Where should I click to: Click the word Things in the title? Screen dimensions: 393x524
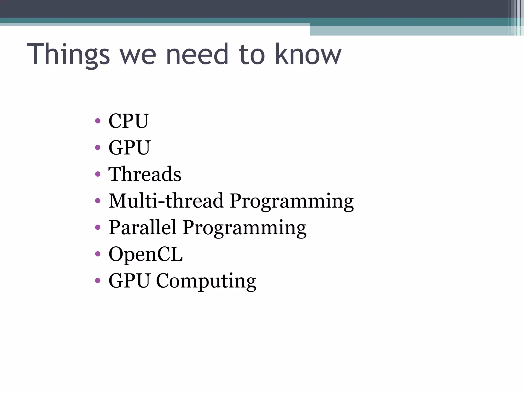coord(69,54)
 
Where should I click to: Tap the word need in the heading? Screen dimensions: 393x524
coord(197,54)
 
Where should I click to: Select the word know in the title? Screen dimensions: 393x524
coord(308,54)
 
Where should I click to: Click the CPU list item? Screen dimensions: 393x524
coord(128,121)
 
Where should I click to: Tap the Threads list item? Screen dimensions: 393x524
coord(145,174)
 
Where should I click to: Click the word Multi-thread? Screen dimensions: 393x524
coord(166,201)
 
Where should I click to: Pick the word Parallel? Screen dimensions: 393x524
coord(143,227)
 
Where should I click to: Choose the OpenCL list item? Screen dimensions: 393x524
coord(146,254)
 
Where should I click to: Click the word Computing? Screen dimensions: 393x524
coord(206,281)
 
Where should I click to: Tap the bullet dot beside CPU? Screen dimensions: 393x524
coord(97,121)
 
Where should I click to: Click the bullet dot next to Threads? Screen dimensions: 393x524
coord(97,174)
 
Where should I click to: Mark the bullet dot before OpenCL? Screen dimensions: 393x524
coord(97,254)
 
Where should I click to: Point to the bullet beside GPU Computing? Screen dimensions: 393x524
coord(97,281)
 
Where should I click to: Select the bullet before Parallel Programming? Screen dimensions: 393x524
coord(97,227)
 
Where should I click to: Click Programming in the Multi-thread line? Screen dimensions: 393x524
coord(292,202)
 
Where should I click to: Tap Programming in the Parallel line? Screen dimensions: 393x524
coord(244,228)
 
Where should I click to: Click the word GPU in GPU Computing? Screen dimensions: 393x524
coord(129,281)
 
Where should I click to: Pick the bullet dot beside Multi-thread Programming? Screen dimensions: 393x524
coord(97,201)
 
